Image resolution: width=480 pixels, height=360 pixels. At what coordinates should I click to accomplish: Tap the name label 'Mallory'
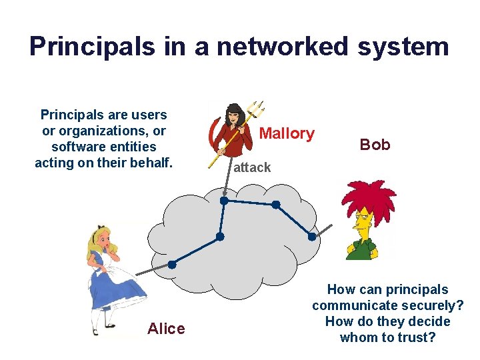tap(287, 133)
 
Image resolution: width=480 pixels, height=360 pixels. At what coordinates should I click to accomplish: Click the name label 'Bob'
tap(375, 145)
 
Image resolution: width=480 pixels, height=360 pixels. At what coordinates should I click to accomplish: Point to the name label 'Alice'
tap(166, 328)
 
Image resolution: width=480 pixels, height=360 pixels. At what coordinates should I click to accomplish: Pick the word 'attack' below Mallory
tap(252, 167)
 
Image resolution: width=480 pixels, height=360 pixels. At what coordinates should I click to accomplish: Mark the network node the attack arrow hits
tap(224, 200)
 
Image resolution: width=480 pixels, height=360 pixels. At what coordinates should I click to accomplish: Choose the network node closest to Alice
tap(172, 265)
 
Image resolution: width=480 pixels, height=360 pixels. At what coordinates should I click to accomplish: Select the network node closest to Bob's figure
tap(311, 236)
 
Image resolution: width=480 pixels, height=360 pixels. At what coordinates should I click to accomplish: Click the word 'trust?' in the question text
tap(416, 337)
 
